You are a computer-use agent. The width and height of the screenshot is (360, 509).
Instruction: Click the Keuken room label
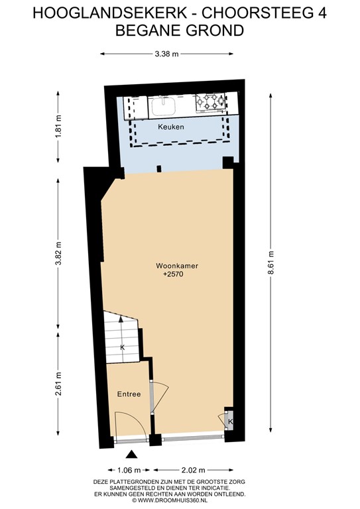coord(171,126)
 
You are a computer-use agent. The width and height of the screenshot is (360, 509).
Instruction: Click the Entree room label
coord(129,394)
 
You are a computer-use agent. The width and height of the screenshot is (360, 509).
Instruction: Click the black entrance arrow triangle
coord(131,454)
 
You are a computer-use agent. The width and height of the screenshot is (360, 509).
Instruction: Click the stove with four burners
coord(211,104)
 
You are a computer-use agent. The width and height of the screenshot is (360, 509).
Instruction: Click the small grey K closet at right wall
coord(229,422)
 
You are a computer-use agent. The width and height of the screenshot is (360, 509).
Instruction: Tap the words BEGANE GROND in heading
coord(179,30)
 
